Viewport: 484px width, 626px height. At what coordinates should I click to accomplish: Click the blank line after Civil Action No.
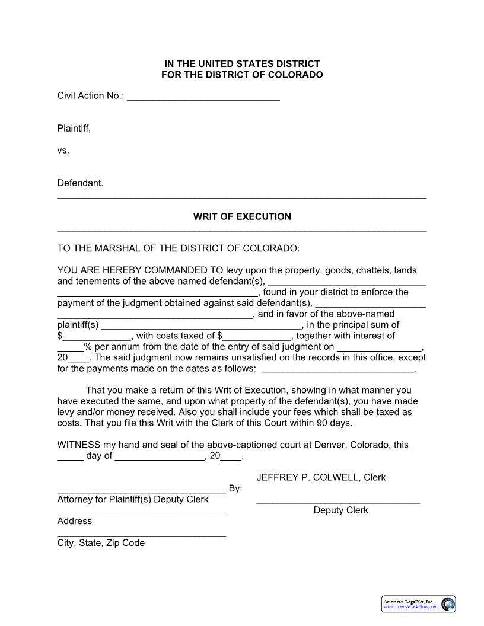(203, 96)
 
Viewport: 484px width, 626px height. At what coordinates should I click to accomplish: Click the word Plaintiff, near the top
(74, 128)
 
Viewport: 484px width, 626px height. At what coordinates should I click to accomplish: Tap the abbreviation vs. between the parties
(63, 151)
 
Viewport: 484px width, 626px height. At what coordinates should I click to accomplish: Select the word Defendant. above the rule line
(80, 183)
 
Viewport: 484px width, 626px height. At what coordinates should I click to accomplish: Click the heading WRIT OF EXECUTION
(242, 217)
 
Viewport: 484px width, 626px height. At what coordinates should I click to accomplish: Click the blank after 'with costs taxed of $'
(257, 336)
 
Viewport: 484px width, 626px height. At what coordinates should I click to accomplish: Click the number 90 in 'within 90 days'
(324, 423)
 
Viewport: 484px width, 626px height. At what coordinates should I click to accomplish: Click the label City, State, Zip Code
(101, 543)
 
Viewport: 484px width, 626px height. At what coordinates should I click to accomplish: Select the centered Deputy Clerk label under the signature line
(340, 510)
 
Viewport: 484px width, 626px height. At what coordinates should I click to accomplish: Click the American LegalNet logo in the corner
(418, 604)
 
